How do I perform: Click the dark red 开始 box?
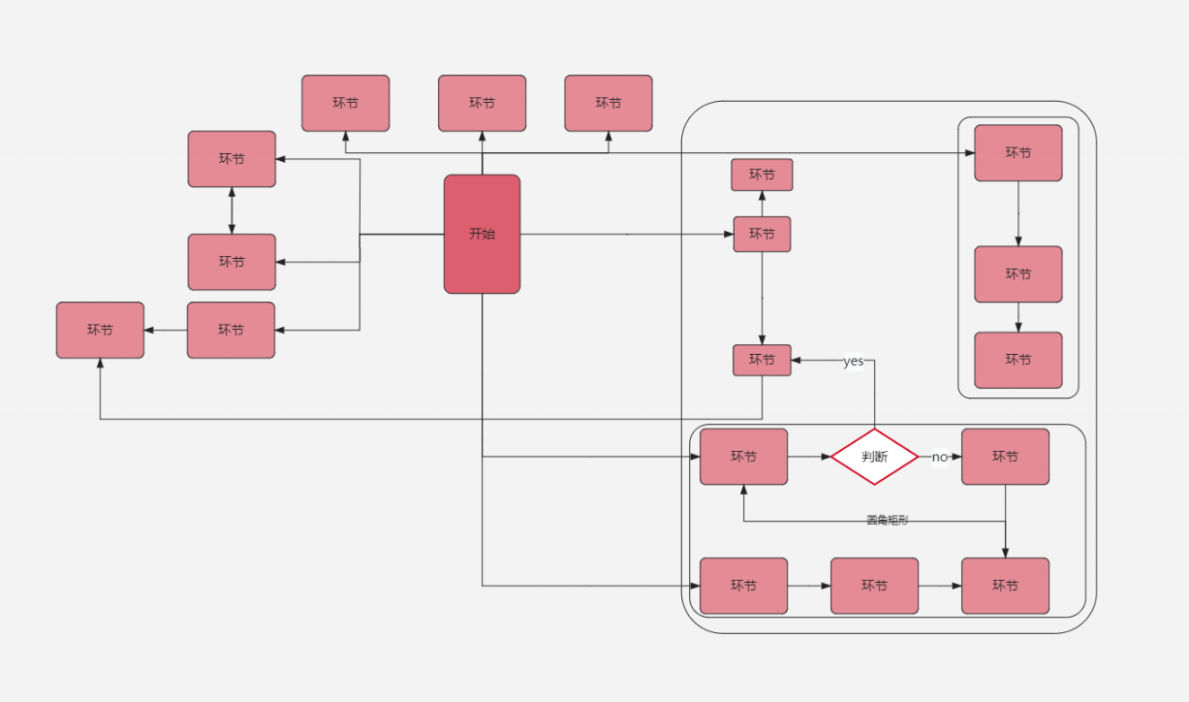[482, 234]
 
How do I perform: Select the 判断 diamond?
[874, 457]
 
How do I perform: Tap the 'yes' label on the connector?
[853, 361]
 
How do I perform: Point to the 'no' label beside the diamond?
[939, 457]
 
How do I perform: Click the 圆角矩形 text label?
[888, 521]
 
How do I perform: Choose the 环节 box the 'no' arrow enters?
[1005, 457]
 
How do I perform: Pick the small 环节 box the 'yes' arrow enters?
[762, 360]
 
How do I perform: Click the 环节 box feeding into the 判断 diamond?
[743, 457]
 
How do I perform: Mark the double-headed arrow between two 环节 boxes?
[232, 210]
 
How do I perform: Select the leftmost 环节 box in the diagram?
[100, 330]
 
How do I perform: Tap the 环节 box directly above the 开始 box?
[482, 103]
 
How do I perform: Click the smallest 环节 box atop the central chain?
[762, 175]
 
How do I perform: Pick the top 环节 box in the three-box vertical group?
[1017, 152]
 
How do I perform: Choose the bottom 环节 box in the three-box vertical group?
[1017, 360]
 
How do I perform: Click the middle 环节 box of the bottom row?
[874, 586]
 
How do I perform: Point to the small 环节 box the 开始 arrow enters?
[762, 234]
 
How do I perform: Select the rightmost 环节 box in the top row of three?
[609, 103]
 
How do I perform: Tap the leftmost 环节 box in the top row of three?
[345, 103]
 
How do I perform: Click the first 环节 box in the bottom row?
[743, 586]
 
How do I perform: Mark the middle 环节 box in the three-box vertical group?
[1017, 274]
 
